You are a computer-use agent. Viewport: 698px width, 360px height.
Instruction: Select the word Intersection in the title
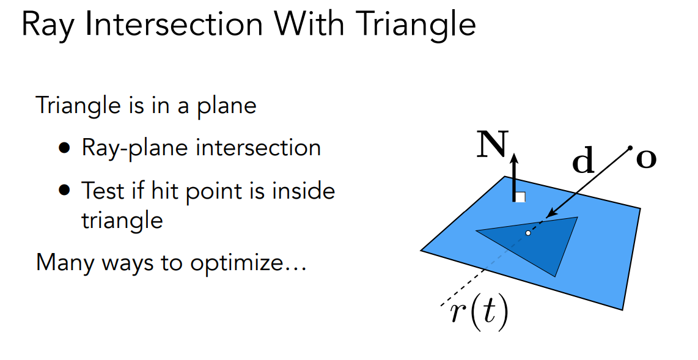[x=176, y=25]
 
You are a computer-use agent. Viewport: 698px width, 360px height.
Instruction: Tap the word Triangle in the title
[x=416, y=26]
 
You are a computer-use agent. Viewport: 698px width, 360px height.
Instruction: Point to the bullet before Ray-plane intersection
[x=65, y=149]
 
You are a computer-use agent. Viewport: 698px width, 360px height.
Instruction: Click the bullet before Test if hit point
[x=65, y=191]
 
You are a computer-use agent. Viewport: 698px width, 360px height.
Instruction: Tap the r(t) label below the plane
[x=479, y=313]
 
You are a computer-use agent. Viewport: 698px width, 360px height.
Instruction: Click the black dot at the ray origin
[x=629, y=148]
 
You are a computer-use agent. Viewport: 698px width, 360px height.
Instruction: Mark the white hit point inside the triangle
[x=528, y=233]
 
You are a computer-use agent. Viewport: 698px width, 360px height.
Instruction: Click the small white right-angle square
[x=521, y=197]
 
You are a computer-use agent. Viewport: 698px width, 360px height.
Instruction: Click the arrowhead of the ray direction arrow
[x=548, y=215]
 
